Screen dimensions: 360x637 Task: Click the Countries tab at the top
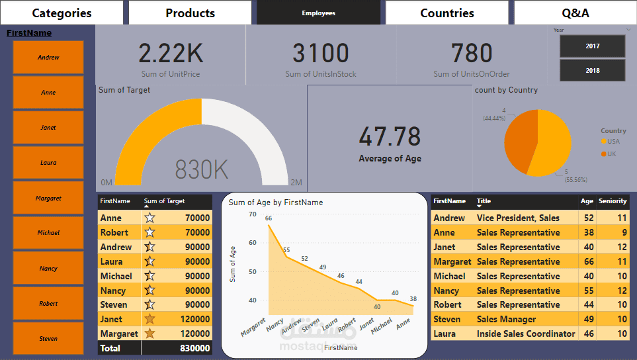click(x=447, y=13)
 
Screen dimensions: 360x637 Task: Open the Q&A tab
click(x=575, y=13)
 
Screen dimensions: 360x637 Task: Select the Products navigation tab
click(x=190, y=13)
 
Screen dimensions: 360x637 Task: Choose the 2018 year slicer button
click(x=592, y=70)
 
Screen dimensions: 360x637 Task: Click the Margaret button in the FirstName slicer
click(x=48, y=198)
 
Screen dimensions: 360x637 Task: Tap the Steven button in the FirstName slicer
click(x=48, y=338)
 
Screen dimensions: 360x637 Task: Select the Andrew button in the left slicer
click(x=48, y=58)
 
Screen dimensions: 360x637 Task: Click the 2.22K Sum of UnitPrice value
click(x=170, y=53)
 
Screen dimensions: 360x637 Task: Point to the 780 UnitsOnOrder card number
click(x=472, y=53)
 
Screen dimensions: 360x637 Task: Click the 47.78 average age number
click(x=390, y=136)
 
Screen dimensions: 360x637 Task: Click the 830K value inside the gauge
click(x=202, y=170)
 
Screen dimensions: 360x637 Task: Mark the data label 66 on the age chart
click(x=269, y=218)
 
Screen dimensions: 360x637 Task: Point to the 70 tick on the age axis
click(x=252, y=214)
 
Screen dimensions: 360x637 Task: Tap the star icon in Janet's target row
click(x=150, y=320)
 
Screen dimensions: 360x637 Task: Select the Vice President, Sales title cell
click(x=518, y=218)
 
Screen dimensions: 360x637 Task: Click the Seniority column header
click(x=613, y=201)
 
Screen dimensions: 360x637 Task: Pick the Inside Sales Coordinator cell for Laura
click(x=526, y=334)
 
